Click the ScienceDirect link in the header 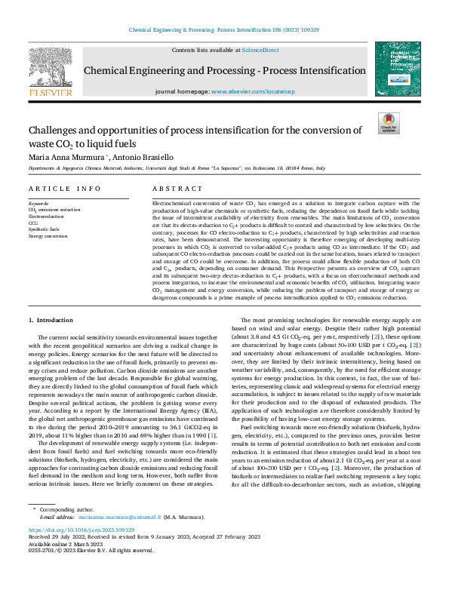pyautogui.click(x=260, y=50)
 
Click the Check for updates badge pyautogui.click(x=388, y=123)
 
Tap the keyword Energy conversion pyautogui.click(x=48, y=236)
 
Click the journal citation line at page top pyautogui.click(x=224, y=29)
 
